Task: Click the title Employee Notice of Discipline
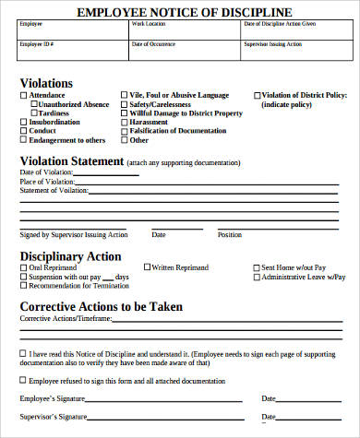pyautogui.click(x=179, y=12)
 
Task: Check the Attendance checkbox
pyautogui.click(x=24, y=95)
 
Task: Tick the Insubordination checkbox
pyautogui.click(x=24, y=123)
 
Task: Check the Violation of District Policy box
pyautogui.click(x=257, y=95)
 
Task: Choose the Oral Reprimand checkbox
pyautogui.click(x=24, y=268)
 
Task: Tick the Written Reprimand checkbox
pyautogui.click(x=146, y=268)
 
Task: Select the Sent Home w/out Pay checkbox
pyautogui.click(x=257, y=268)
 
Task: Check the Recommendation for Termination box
pyautogui.click(x=24, y=287)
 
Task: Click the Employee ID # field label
pyautogui.click(x=37, y=43)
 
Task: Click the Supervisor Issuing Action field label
pyautogui.click(x=272, y=43)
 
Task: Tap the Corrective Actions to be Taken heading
pyautogui.click(x=101, y=306)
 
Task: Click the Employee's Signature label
pyautogui.click(x=53, y=398)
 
